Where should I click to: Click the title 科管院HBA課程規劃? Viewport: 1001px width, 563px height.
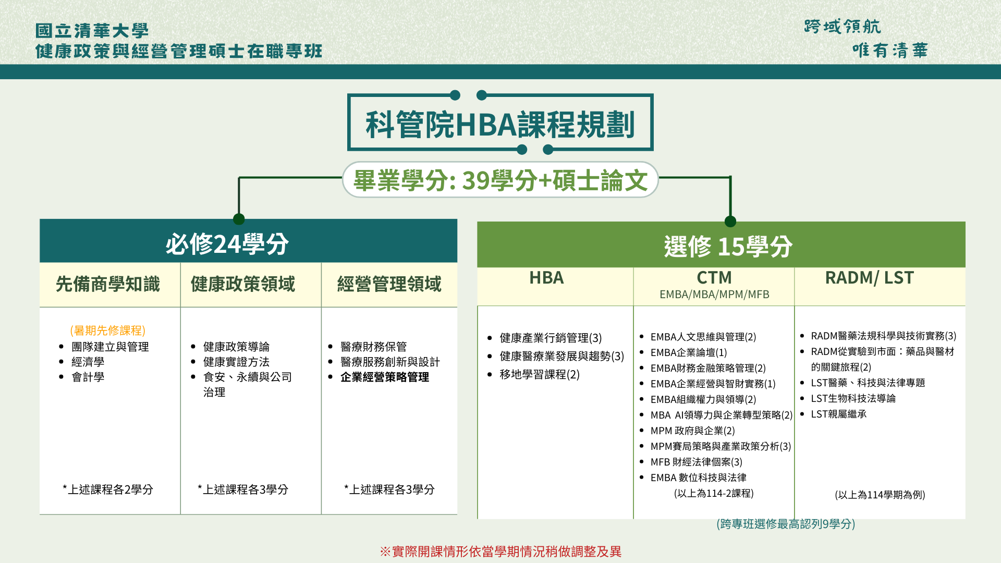500,124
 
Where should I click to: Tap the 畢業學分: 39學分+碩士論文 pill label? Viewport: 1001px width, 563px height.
500,180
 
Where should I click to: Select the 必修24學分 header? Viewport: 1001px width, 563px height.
227,243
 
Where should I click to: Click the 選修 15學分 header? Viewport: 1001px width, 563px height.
728,246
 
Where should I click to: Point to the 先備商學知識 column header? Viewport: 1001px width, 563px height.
108,284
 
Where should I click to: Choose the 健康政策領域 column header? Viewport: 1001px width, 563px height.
243,284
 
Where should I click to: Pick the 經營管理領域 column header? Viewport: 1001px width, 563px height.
389,284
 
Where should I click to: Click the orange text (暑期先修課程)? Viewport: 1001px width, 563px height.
108,331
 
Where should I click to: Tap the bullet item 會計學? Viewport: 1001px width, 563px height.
88,377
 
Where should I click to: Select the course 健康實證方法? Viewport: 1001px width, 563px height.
236,362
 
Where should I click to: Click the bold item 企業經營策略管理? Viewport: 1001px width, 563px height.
385,377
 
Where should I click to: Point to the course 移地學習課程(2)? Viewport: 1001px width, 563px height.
540,374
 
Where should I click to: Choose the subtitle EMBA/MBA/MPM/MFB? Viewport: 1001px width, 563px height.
714,295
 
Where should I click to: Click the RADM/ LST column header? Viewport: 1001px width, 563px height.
869,278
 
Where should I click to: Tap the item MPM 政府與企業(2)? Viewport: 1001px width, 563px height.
692,431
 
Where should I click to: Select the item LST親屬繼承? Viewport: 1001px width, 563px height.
838,414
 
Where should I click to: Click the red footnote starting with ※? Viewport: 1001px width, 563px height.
500,552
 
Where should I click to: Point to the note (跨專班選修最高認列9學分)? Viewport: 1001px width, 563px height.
786,524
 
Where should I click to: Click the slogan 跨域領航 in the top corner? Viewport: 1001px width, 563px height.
843,27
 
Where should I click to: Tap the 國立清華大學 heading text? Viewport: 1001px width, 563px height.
92,31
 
